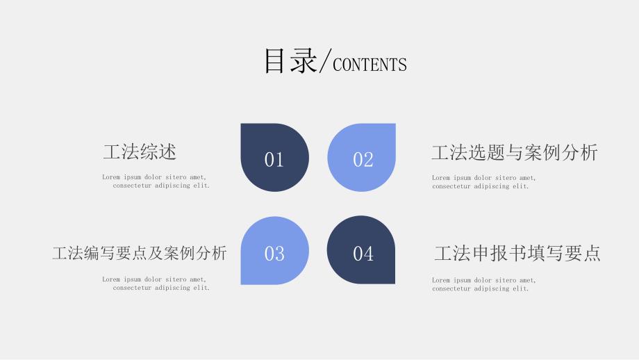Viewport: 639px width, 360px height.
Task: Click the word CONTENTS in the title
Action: pyautogui.click(x=370, y=65)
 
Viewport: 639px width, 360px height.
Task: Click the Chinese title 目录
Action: pyautogui.click(x=290, y=60)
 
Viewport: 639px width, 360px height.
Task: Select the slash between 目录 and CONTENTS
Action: pyautogui.click(x=325, y=60)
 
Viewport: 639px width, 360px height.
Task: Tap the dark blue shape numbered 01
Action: pyautogui.click(x=274, y=157)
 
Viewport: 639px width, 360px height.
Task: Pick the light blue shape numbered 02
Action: pyautogui.click(x=361, y=157)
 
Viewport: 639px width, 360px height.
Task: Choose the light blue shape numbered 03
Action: pyautogui.click(x=274, y=250)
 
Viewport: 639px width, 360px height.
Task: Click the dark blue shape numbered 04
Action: pyautogui.click(x=361, y=250)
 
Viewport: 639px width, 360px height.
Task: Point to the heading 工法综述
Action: pyautogui.click(x=140, y=152)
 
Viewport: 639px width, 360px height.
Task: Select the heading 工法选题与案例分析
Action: pyautogui.click(x=515, y=152)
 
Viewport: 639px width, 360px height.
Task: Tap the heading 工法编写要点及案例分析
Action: pyautogui.click(x=140, y=253)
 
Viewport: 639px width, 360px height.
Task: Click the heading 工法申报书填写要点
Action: pyautogui.click(x=517, y=253)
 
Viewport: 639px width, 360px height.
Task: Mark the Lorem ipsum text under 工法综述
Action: pyautogui.click(x=156, y=181)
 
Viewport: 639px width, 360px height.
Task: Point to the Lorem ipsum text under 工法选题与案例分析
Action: pyautogui.click(x=484, y=182)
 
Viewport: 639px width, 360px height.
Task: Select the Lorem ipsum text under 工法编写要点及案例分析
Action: pyautogui.click(x=156, y=284)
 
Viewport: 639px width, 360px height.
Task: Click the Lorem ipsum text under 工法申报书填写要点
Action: pyautogui.click(x=484, y=284)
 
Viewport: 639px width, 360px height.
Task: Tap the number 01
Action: pyautogui.click(x=274, y=159)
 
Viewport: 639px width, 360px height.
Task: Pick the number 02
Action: pyautogui.click(x=363, y=159)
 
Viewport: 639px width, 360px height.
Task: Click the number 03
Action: pyautogui.click(x=274, y=254)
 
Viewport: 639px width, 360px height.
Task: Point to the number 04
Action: pyautogui.click(x=363, y=254)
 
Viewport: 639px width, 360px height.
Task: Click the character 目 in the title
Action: pyautogui.click(x=274, y=60)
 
